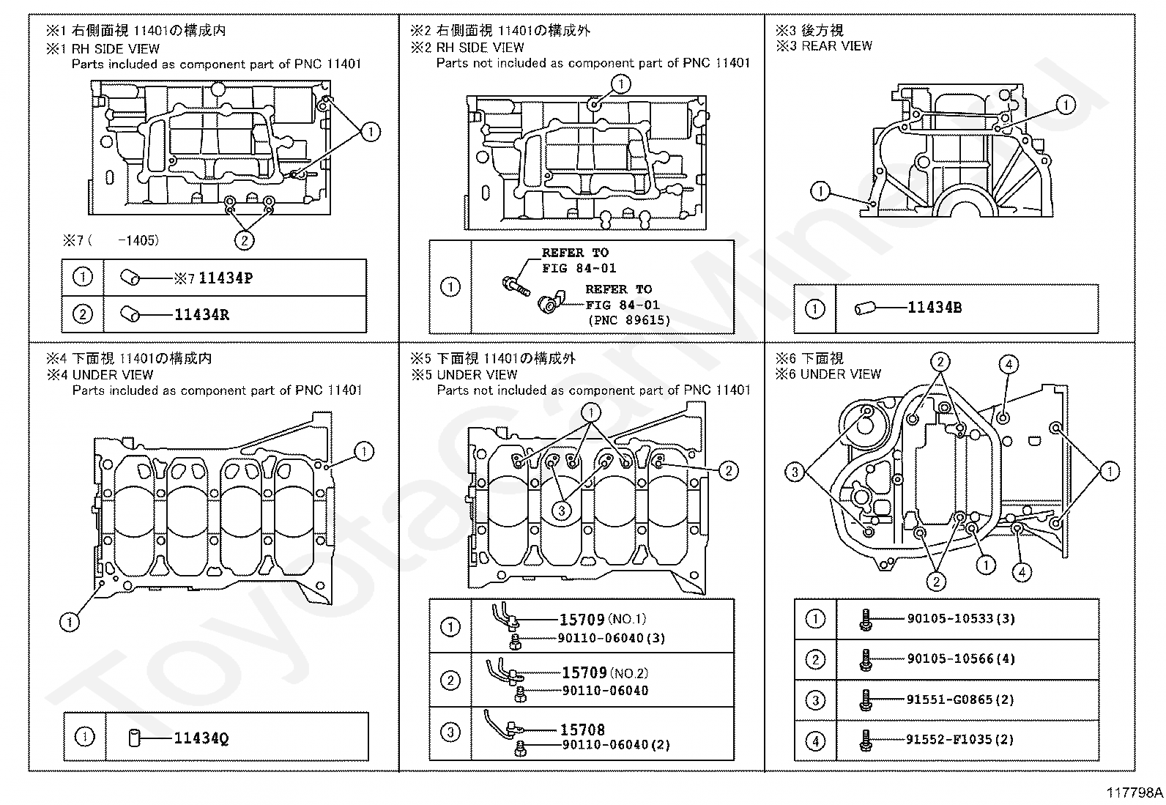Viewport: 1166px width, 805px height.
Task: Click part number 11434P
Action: point(226,278)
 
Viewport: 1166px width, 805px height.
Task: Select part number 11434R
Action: point(201,315)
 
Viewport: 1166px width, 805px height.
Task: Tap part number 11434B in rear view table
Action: point(935,308)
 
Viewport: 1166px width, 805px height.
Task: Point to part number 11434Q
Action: point(201,738)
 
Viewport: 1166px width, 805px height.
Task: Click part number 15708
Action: point(582,730)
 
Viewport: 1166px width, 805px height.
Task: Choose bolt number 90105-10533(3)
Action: point(961,619)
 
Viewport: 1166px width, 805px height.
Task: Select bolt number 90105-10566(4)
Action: point(961,659)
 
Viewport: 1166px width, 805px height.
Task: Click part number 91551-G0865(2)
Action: point(960,700)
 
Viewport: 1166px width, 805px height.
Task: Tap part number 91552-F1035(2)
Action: point(960,740)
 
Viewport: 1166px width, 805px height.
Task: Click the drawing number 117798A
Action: point(1135,793)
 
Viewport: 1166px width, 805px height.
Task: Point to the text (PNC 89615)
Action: point(628,320)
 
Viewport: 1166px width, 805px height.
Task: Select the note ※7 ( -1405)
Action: point(111,240)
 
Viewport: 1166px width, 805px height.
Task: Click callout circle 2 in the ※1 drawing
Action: point(244,240)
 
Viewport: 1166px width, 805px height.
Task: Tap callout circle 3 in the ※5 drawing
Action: point(561,511)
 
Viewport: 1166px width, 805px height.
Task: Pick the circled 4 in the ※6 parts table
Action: point(815,741)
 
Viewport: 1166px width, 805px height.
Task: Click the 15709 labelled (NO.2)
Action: point(584,672)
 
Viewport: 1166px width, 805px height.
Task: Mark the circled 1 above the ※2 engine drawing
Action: point(620,84)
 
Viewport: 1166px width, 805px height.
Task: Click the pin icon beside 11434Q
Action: point(134,738)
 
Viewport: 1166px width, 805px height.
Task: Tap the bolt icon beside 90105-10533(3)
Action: point(865,620)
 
